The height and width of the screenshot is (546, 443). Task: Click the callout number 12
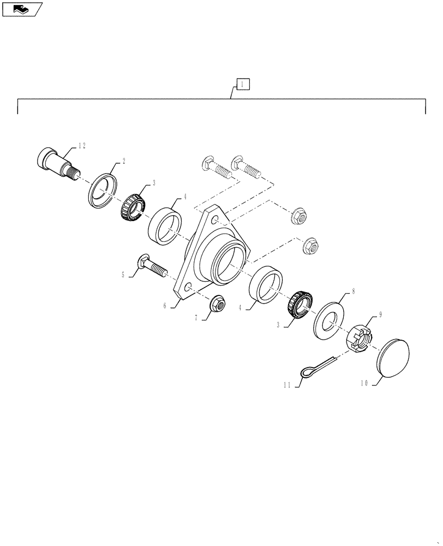[82, 145]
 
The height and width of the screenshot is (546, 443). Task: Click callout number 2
[124, 161]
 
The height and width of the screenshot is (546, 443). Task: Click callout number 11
[286, 385]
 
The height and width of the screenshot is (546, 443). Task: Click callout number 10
[363, 384]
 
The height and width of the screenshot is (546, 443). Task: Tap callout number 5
[123, 276]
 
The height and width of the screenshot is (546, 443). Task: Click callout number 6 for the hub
[164, 306]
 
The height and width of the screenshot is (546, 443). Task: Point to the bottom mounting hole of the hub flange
[188, 288]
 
